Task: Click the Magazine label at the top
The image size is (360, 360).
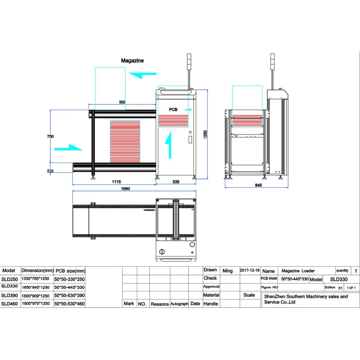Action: (x=132, y=60)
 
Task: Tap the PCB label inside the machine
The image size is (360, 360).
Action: (x=173, y=109)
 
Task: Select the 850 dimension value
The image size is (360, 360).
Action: (x=122, y=103)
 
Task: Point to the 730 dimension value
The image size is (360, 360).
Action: (x=51, y=136)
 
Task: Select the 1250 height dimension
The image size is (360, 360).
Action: (x=205, y=135)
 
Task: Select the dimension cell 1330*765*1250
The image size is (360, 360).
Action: (x=36, y=279)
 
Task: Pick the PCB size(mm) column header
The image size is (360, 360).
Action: (x=70, y=271)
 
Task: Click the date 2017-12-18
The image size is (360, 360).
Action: (x=250, y=270)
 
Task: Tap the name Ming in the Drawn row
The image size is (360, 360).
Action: (x=228, y=271)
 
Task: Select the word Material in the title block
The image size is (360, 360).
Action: (x=211, y=295)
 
